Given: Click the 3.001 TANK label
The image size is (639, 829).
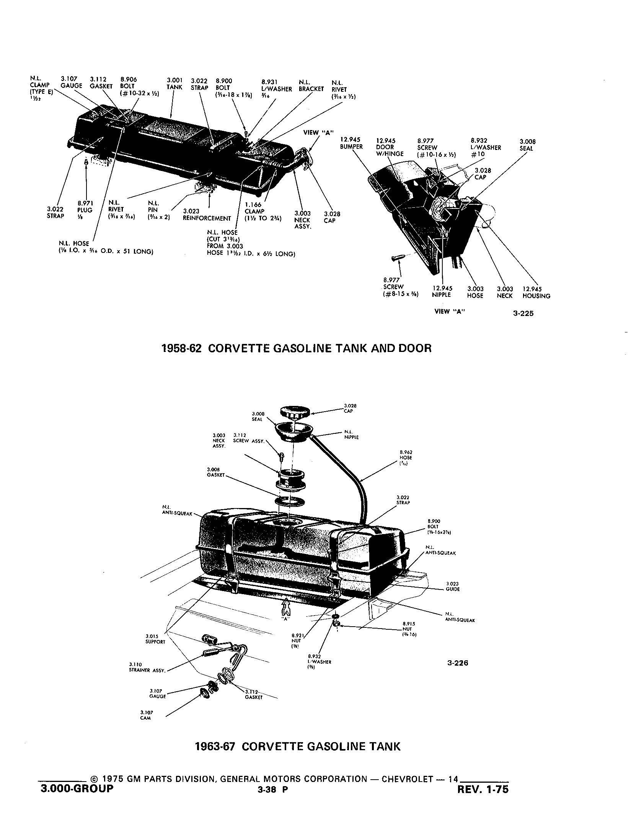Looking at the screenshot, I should (x=174, y=84).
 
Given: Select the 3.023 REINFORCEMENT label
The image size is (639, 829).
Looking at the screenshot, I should (x=207, y=215).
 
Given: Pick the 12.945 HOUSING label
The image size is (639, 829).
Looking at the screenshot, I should (x=536, y=292).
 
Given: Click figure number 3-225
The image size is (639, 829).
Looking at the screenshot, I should (x=523, y=314).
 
